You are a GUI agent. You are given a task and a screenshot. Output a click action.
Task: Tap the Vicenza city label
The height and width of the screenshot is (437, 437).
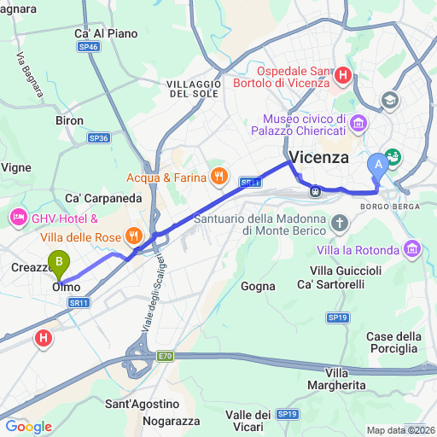[319, 158]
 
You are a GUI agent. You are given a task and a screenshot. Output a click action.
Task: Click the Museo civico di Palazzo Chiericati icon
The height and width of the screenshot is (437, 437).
[358, 124]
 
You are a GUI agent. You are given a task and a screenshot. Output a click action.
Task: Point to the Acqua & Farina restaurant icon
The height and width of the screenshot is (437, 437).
[218, 178]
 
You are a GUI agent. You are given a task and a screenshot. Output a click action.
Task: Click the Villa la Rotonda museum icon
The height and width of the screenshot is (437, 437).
[414, 249]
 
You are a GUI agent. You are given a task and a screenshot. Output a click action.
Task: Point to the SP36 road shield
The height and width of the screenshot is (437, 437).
[98, 137]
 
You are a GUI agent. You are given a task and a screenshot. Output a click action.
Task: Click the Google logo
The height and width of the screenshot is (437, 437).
[28, 427]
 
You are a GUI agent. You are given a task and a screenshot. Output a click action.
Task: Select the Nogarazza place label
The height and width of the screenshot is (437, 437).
[170, 422]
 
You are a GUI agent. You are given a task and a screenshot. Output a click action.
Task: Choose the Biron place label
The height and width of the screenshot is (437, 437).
[70, 121]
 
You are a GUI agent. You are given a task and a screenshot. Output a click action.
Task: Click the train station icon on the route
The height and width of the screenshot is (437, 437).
[315, 190]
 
